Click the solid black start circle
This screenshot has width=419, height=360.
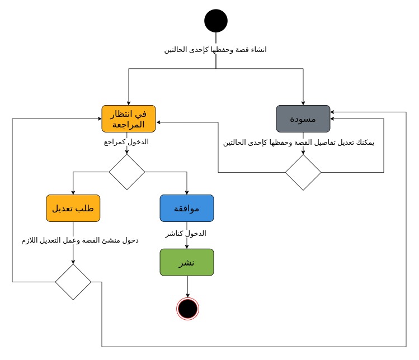(x=216, y=21)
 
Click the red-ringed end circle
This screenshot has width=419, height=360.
(x=187, y=308)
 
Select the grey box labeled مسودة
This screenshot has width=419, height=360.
(x=303, y=119)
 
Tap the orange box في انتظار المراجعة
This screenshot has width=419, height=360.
(x=129, y=119)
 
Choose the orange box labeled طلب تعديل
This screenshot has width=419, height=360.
(x=73, y=208)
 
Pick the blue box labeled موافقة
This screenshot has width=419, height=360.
(x=187, y=208)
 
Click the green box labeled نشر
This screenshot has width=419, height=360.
(x=187, y=262)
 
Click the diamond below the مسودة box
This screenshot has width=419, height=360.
(x=303, y=172)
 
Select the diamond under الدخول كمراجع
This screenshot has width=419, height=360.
(x=126, y=172)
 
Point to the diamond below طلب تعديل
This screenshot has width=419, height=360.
(x=73, y=282)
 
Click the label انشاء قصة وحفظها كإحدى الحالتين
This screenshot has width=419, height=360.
(x=215, y=50)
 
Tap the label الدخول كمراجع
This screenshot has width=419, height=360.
(x=126, y=141)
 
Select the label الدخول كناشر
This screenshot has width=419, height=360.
(x=186, y=233)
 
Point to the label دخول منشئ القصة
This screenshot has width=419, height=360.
(x=78, y=240)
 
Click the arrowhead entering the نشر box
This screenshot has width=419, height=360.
(x=187, y=246)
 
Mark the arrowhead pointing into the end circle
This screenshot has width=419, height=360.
(x=187, y=295)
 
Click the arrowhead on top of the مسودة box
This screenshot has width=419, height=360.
(x=303, y=102)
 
